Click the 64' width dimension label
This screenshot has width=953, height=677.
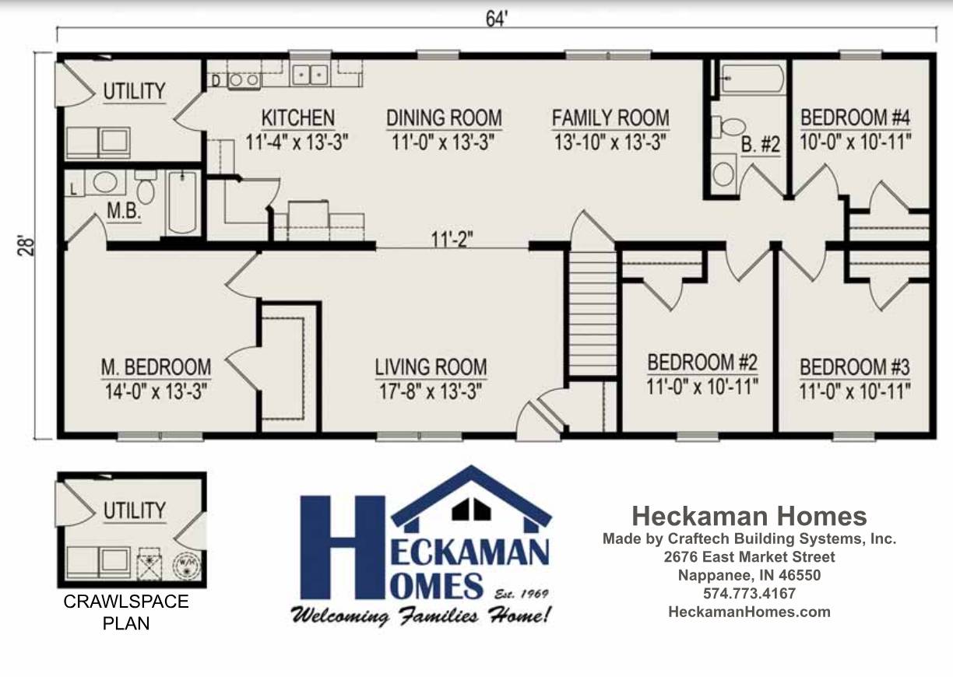pos(497,19)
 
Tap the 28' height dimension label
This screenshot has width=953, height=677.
pos(26,245)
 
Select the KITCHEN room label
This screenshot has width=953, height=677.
pos(297,118)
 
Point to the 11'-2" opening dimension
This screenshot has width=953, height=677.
pos(452,239)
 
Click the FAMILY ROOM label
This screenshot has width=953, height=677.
pos(610,118)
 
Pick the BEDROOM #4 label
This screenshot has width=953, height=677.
pos(855,118)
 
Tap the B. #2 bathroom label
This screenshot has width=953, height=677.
pos(761,145)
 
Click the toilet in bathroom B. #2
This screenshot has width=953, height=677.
pos(730,127)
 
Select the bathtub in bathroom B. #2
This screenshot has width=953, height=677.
pos(752,79)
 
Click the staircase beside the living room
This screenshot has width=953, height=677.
pos(593,313)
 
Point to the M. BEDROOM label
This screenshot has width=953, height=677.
pos(156,367)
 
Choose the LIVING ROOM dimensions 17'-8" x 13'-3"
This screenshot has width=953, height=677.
pos(431,391)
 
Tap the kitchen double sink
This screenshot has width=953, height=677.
pos(310,75)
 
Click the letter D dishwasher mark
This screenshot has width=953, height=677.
pos(216,81)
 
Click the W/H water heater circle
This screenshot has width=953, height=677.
pos(186,563)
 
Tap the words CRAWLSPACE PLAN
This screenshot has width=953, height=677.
pos(126,612)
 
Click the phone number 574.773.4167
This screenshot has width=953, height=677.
pos(750,593)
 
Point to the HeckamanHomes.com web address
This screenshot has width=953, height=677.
pos(750,612)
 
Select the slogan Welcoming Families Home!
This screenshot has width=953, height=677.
pos(420,616)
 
